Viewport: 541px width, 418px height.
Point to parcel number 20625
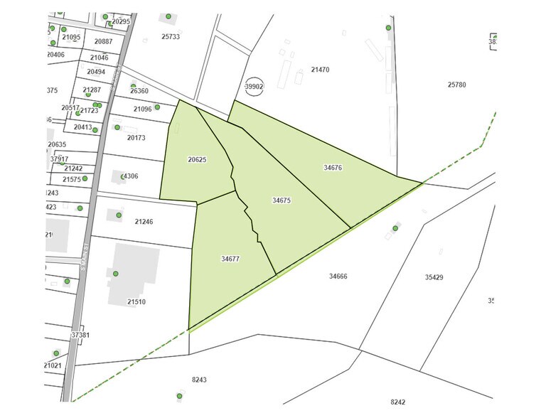[x=197, y=160]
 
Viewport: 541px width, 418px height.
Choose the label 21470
[x=321, y=70]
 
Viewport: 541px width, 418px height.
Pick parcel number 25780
[x=456, y=85]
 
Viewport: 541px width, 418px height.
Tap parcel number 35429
[x=434, y=277]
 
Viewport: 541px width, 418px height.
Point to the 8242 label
[x=397, y=402]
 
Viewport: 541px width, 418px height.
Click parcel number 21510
[x=136, y=302]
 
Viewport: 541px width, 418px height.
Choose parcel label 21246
[x=144, y=222]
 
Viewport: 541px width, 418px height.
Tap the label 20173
[x=136, y=137]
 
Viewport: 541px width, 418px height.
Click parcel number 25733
[x=171, y=36]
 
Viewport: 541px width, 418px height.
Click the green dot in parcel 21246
[x=119, y=214]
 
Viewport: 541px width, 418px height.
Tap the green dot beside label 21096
[x=156, y=107]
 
